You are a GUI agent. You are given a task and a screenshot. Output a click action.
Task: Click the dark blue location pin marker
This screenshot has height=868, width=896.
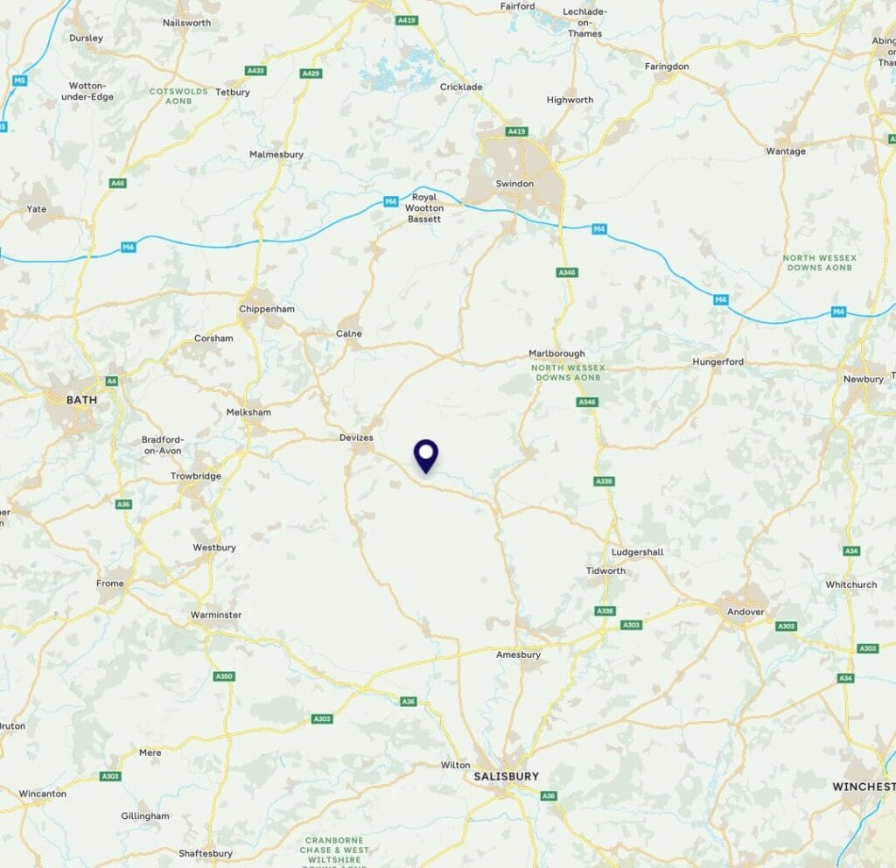[x=426, y=454]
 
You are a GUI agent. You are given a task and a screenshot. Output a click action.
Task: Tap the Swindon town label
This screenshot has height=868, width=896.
[x=514, y=184]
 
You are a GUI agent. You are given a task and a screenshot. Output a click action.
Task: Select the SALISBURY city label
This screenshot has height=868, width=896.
[x=506, y=776]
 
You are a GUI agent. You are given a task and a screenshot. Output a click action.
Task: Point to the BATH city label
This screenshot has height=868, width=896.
[x=82, y=399]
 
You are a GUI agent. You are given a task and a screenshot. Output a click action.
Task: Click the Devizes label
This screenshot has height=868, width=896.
[x=356, y=437]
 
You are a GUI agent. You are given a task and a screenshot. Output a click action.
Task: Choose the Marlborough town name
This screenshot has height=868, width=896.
[x=556, y=353]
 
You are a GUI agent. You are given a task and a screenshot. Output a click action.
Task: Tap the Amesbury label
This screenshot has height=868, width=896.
[x=518, y=654]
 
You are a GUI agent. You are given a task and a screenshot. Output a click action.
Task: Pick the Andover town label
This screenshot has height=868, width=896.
[x=745, y=612]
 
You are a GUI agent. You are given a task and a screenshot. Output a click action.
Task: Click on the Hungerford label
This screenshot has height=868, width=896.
[x=717, y=361]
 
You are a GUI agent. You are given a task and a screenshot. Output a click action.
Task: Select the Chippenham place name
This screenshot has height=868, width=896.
[x=267, y=309]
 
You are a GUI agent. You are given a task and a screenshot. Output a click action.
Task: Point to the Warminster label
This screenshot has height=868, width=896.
[x=216, y=615]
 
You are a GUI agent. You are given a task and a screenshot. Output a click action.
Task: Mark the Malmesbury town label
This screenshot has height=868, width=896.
[x=276, y=154]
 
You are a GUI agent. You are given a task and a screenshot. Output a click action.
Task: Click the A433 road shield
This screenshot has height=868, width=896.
[x=256, y=70]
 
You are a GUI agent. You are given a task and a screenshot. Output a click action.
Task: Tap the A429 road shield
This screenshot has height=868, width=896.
[x=311, y=73]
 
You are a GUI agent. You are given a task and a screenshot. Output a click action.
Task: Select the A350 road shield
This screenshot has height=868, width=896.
[x=225, y=676]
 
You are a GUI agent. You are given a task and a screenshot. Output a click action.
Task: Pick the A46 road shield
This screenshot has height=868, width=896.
[x=117, y=183]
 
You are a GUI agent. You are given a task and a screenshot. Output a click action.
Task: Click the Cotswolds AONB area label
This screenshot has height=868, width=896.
[x=178, y=95]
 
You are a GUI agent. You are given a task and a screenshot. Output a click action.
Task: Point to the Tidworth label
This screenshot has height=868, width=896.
[x=605, y=570]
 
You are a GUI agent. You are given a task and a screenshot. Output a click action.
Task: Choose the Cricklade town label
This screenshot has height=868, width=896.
[x=461, y=87]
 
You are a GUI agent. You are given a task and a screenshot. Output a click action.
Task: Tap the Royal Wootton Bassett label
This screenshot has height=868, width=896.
[x=425, y=208]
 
